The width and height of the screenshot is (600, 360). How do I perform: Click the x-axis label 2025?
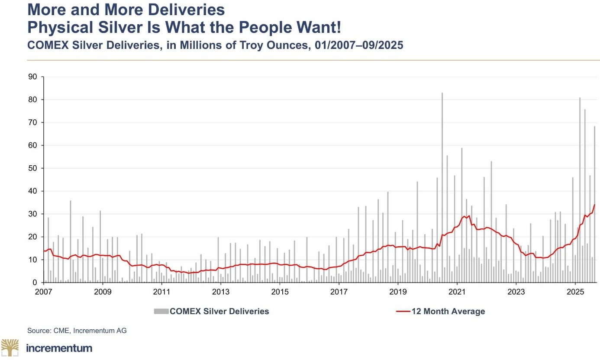[575, 291]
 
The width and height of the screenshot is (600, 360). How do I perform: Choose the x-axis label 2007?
[44, 291]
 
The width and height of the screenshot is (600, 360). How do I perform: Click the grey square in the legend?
[161, 311]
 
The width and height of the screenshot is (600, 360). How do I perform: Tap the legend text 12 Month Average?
[448, 311]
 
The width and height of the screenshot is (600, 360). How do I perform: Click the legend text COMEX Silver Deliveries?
[219, 311]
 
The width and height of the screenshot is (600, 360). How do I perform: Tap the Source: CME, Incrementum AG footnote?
[77, 331]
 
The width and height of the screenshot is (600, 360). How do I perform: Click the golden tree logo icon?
[10, 347]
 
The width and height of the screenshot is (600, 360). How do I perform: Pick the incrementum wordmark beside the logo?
[59, 348]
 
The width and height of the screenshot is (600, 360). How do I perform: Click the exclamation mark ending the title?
[338, 28]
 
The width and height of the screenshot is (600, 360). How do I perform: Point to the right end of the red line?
[594, 205]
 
